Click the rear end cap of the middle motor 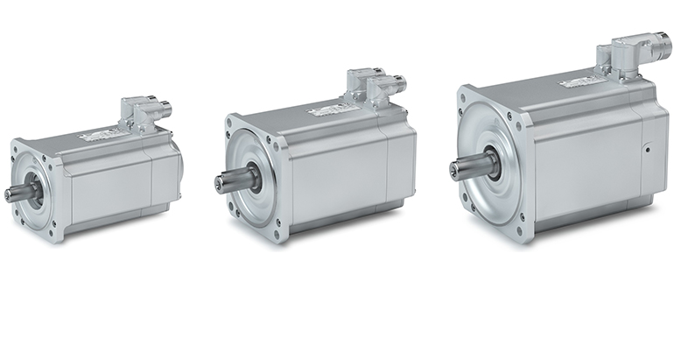[x=401, y=166]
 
